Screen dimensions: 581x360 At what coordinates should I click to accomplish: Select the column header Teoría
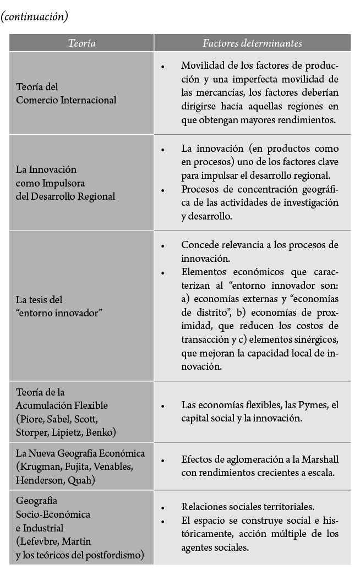pyautogui.click(x=81, y=43)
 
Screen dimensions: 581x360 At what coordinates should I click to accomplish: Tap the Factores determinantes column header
pyautogui.click(x=252, y=43)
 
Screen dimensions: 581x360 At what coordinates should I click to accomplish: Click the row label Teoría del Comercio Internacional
pyautogui.click(x=66, y=94)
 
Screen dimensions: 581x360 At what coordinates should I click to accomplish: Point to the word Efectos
pyautogui.click(x=197, y=459)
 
